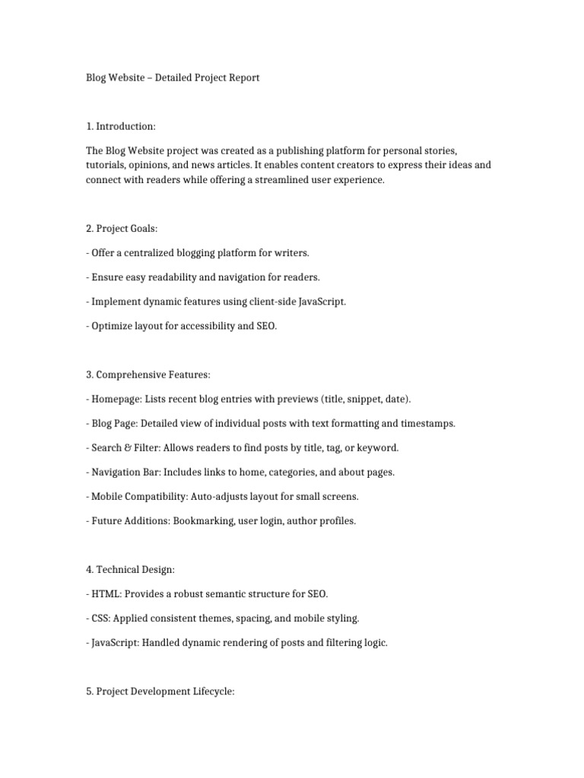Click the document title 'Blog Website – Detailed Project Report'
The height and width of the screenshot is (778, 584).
click(x=173, y=77)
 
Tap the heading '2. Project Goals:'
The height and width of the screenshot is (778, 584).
click(x=123, y=228)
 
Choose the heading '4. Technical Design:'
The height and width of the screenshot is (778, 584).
click(x=130, y=570)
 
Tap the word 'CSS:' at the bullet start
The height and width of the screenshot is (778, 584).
click(x=100, y=618)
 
